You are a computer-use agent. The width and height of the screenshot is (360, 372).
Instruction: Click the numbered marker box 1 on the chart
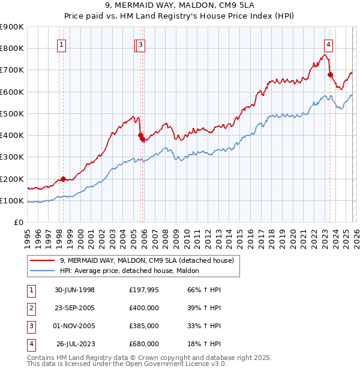click(62, 44)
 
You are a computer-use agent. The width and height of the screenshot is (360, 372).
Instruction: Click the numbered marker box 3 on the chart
click(140, 44)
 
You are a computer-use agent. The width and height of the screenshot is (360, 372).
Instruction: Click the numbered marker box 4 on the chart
click(329, 44)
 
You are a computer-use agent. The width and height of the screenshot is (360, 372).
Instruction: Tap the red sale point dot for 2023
click(330, 74)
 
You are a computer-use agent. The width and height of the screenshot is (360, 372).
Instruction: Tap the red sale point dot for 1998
click(63, 179)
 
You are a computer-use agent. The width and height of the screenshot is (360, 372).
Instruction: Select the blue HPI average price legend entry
click(133, 271)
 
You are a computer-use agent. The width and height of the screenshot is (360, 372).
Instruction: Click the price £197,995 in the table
click(143, 290)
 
